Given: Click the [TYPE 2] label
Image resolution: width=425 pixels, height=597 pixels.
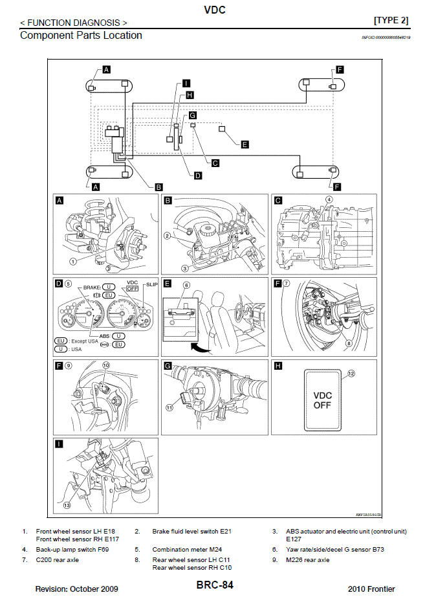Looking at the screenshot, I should [391, 20].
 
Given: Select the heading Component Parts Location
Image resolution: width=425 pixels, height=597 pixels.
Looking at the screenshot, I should [81, 35].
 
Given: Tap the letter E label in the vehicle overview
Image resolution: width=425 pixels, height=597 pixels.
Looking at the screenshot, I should [245, 144].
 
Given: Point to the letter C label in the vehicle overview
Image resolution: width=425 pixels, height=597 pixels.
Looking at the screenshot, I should [215, 163].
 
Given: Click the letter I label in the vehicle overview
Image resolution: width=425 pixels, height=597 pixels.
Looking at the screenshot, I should [186, 83].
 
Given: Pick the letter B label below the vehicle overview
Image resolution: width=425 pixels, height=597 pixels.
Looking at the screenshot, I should [159, 186].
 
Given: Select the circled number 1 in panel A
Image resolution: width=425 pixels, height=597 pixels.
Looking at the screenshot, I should [73, 262].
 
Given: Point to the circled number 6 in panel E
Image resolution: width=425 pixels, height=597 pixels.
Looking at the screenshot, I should [186, 286].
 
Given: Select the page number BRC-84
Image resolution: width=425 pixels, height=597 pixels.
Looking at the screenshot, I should [215, 585].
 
